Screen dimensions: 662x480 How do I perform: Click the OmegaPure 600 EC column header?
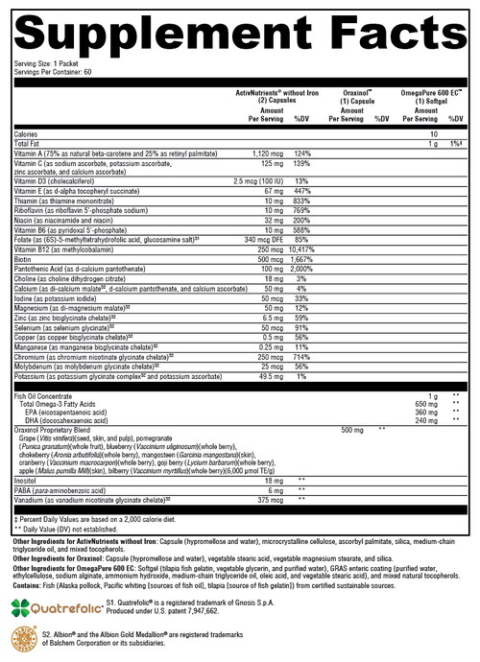click(432, 91)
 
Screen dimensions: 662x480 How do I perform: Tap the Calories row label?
click(29, 133)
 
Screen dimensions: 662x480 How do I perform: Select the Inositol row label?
click(27, 479)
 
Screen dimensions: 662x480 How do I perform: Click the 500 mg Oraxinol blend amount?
click(352, 431)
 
